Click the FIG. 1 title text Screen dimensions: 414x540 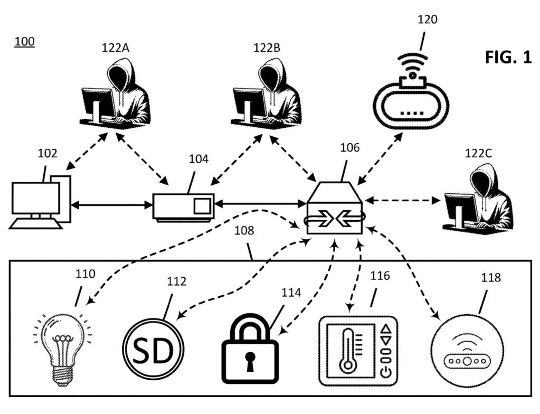click(x=508, y=58)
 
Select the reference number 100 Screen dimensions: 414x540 click(x=24, y=41)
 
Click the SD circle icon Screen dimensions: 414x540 click(x=153, y=348)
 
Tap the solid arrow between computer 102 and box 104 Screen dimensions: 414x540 click(x=111, y=204)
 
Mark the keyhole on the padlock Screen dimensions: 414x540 click(x=249, y=360)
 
